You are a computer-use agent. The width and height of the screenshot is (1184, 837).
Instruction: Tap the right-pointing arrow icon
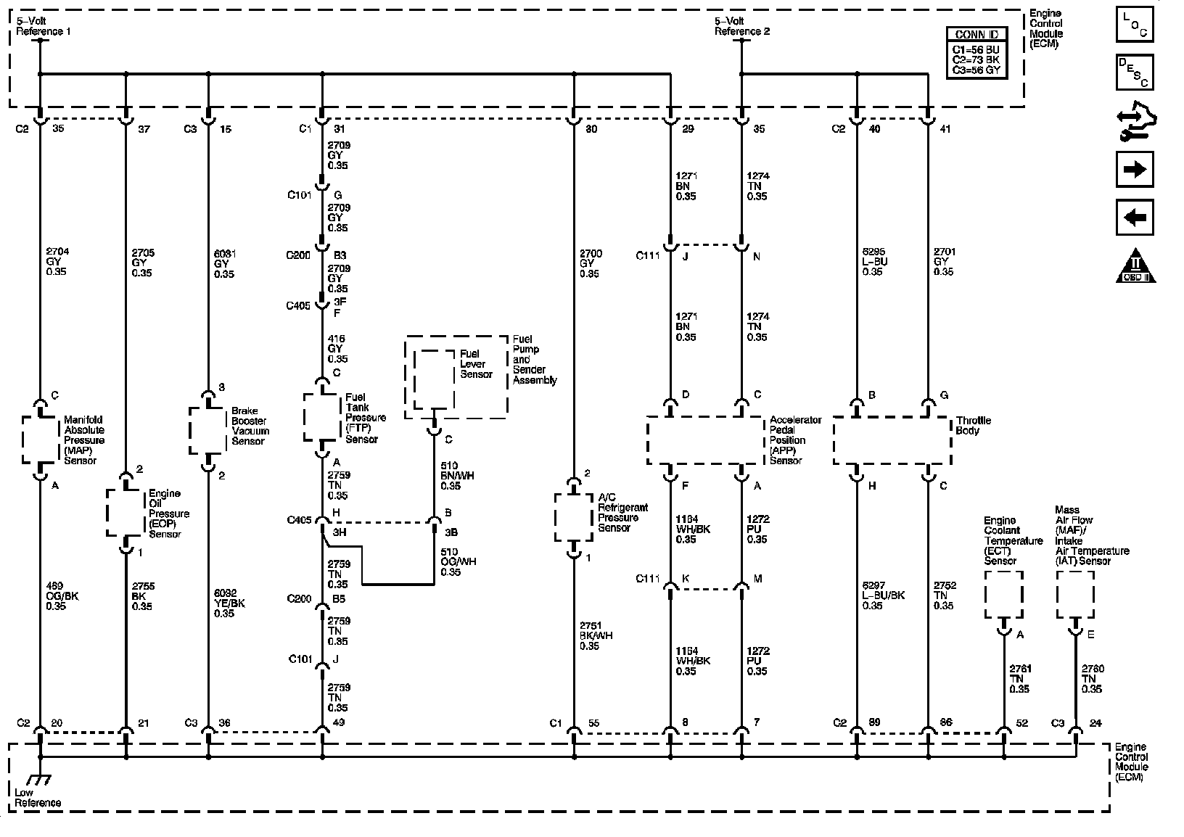1135,170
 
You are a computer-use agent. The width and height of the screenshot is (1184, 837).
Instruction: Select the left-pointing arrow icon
1135,217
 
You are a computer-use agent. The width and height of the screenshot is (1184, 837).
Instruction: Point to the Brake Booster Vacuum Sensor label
250,426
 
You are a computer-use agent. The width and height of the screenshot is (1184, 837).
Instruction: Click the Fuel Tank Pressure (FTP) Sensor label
365,418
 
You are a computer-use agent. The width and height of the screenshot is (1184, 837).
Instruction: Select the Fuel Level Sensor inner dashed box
435,379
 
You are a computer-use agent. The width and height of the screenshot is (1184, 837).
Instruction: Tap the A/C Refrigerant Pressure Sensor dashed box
574,517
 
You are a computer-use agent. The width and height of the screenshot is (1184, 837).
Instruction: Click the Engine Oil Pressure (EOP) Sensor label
168,514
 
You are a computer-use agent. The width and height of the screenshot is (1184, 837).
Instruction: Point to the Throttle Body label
973,425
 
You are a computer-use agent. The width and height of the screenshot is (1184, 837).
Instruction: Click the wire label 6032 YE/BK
229,603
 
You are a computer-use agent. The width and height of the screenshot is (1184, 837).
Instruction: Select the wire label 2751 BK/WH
595,635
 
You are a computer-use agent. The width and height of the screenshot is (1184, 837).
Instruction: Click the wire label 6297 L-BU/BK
883,595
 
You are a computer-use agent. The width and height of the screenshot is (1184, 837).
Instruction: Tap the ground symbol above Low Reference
38,780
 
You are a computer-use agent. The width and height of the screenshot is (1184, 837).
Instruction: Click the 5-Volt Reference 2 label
741,26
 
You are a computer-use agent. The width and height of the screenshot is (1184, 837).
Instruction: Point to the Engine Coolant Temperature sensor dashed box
1003,595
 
